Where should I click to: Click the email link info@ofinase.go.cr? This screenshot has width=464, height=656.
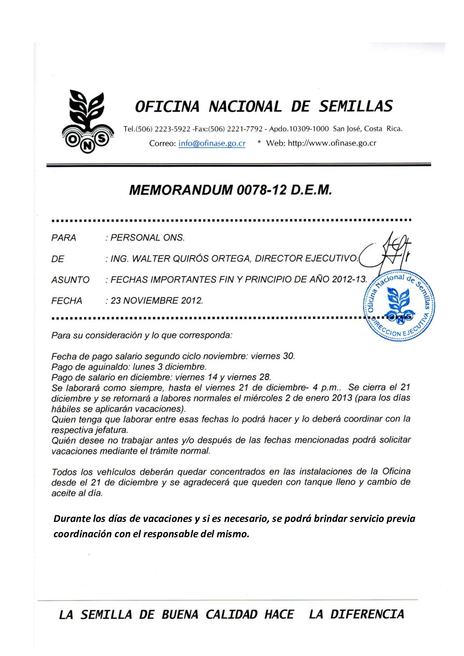point(212,143)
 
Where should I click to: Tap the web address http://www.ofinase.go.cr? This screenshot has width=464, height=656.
point(332,143)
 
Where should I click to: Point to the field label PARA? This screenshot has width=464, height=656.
point(64,238)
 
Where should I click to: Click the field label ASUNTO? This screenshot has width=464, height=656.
point(70,280)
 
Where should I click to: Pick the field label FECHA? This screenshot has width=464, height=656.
point(67,301)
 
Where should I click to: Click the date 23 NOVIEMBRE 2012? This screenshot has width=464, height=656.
point(157,301)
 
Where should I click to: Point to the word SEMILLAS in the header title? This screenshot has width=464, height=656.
point(356,106)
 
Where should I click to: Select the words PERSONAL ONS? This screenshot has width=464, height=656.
point(147,238)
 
